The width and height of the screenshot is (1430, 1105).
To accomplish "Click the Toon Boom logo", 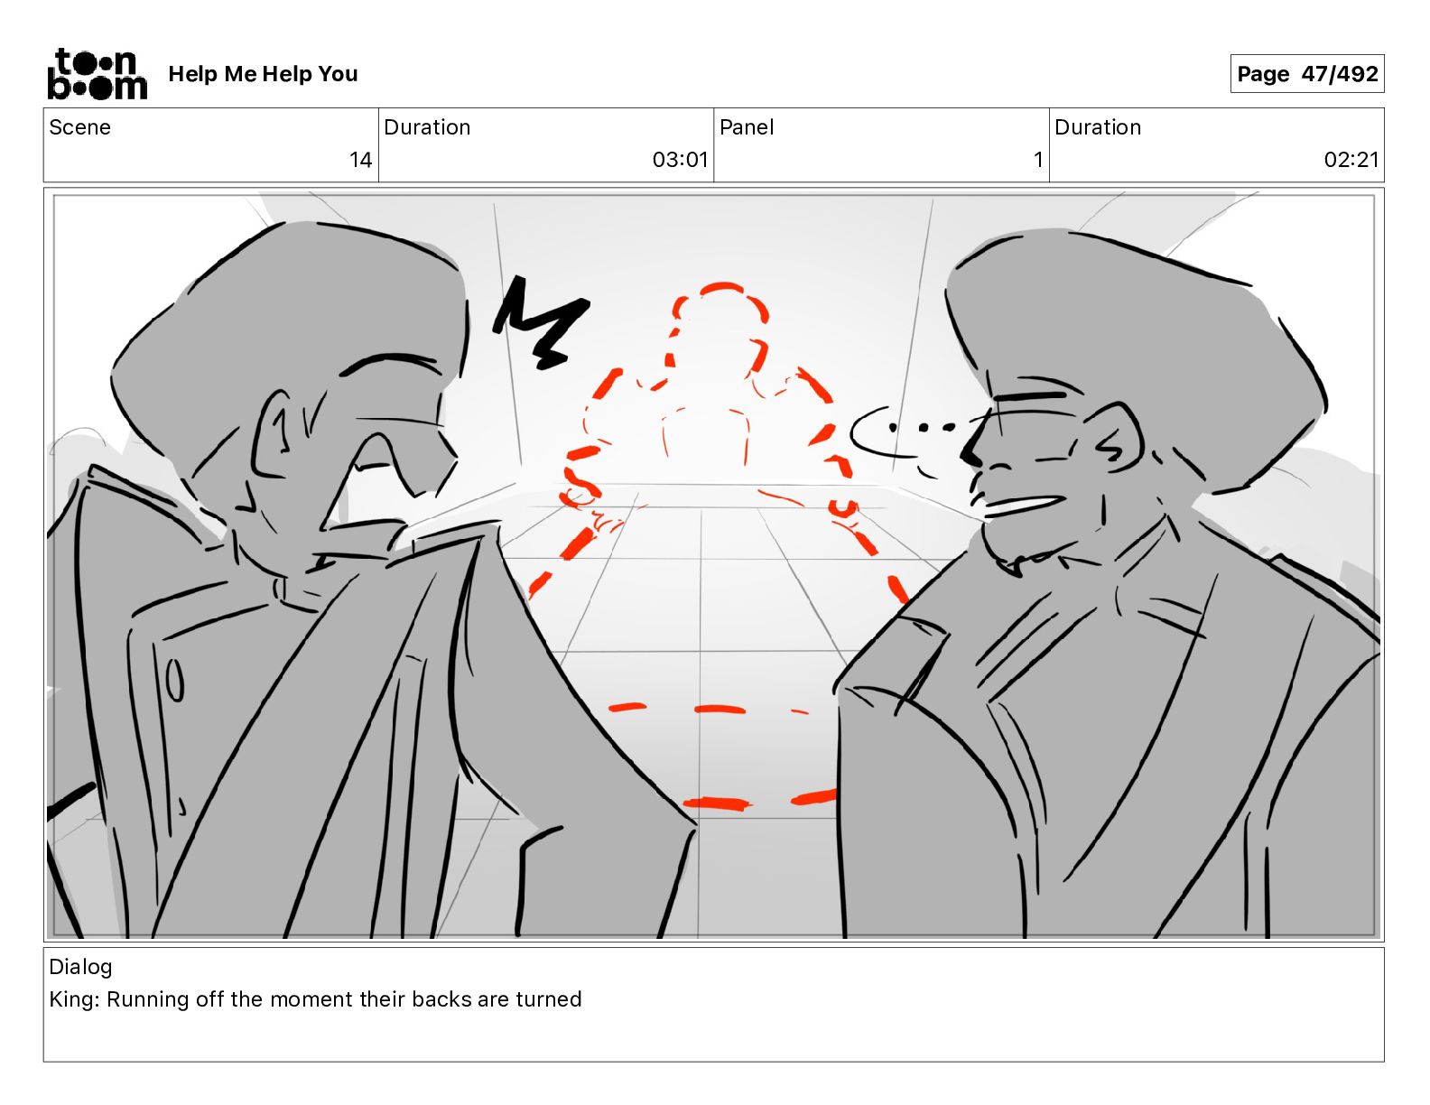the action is [x=97, y=74].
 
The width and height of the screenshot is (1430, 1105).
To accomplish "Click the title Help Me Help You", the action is [x=264, y=74].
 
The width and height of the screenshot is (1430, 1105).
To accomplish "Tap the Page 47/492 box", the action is [x=1307, y=74].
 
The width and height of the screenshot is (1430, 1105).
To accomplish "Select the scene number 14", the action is [x=360, y=159].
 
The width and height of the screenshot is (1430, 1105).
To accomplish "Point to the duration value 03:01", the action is [x=680, y=159].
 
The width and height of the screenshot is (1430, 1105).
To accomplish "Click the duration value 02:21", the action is [x=1351, y=159].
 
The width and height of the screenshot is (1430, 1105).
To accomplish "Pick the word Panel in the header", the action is [x=747, y=127].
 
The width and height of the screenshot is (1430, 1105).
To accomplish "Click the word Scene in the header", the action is [x=79, y=127].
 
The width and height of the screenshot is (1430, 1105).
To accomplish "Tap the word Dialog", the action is [x=80, y=967].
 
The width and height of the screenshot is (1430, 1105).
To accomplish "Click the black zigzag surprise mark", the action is [x=540, y=322].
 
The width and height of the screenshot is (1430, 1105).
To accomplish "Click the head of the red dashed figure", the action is [x=720, y=322].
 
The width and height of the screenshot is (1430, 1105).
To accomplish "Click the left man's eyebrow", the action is [x=388, y=363].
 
